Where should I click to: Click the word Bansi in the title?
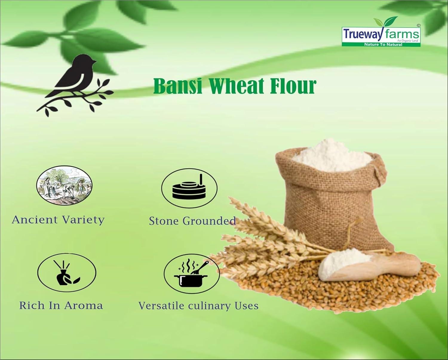point(178,86)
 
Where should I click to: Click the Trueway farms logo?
point(381,33)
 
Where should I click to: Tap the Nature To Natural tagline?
point(383,44)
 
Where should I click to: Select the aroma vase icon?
point(66,273)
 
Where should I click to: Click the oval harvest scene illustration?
point(64,185)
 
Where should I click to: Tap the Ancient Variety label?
point(58,220)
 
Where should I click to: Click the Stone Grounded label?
point(192,221)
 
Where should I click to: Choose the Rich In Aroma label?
point(61,305)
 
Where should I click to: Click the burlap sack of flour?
point(335,198)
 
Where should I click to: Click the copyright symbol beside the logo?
point(418,25)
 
